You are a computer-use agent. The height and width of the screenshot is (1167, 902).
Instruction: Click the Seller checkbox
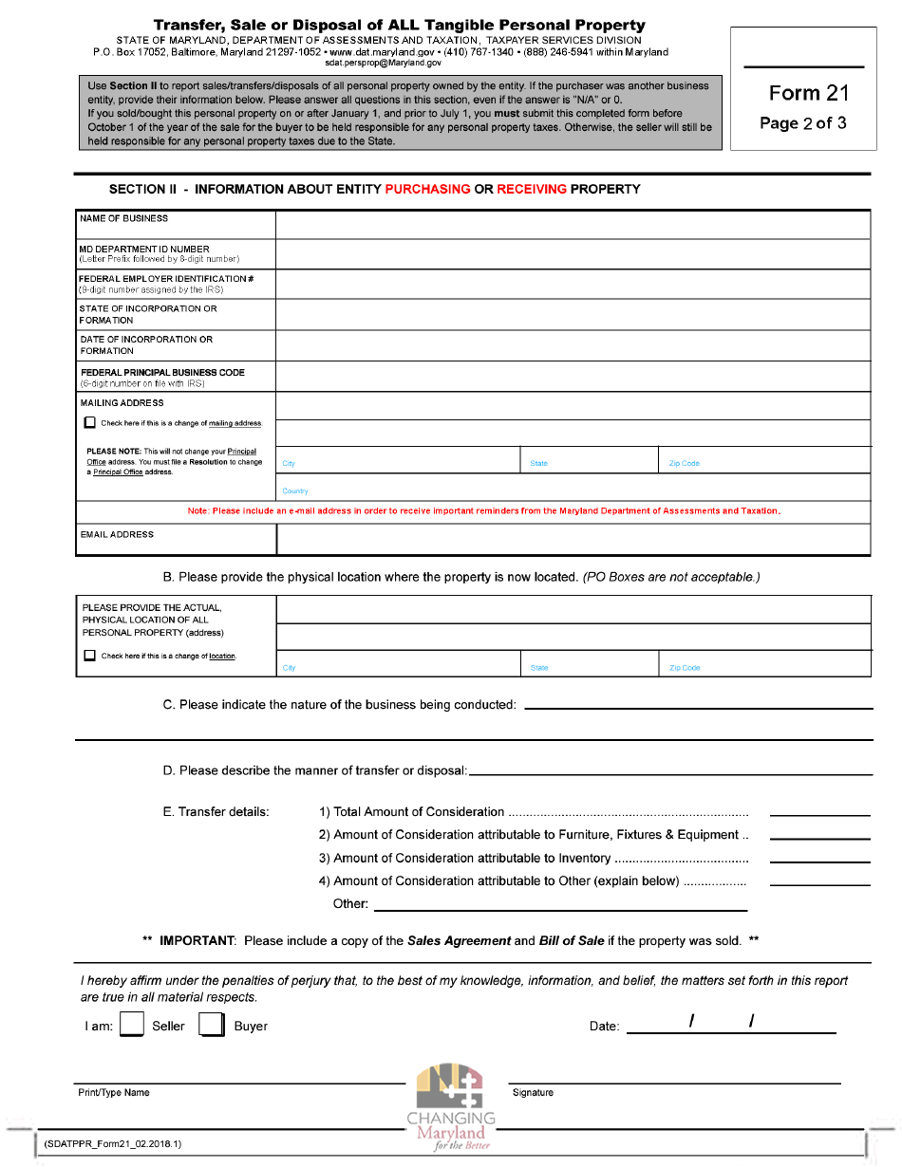[x=132, y=1026]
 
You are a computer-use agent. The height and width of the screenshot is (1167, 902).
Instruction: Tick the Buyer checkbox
[x=211, y=1026]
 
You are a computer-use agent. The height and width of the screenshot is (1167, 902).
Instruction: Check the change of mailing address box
[x=90, y=423]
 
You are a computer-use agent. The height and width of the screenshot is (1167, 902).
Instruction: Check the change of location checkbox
[x=90, y=656]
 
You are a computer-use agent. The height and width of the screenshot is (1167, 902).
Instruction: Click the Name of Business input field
[x=573, y=225]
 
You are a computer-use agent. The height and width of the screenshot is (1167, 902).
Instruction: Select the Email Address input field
[x=573, y=539]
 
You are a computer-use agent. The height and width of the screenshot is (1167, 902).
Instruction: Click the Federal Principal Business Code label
[x=162, y=373]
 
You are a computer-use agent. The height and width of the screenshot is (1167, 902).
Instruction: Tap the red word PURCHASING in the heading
[x=427, y=189]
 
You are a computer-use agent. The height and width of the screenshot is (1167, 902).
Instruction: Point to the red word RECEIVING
[x=531, y=189]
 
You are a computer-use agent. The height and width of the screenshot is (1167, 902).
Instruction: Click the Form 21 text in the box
[x=808, y=93]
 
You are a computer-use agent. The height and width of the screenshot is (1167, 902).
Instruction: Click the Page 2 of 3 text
[x=803, y=123]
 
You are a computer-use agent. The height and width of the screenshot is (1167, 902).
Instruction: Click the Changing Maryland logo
[x=450, y=1106]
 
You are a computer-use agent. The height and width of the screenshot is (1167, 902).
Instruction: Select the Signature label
[x=533, y=1093]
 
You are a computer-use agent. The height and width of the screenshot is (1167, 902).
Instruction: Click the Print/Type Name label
[x=114, y=1093]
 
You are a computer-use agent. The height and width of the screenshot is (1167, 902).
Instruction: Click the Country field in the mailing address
[x=573, y=488]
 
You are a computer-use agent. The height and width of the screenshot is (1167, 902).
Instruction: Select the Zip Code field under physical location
[x=764, y=663]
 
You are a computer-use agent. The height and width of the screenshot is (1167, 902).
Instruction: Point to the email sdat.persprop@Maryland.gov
[x=383, y=63]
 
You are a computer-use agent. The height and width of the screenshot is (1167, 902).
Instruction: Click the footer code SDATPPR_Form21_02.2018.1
[x=112, y=1143]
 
